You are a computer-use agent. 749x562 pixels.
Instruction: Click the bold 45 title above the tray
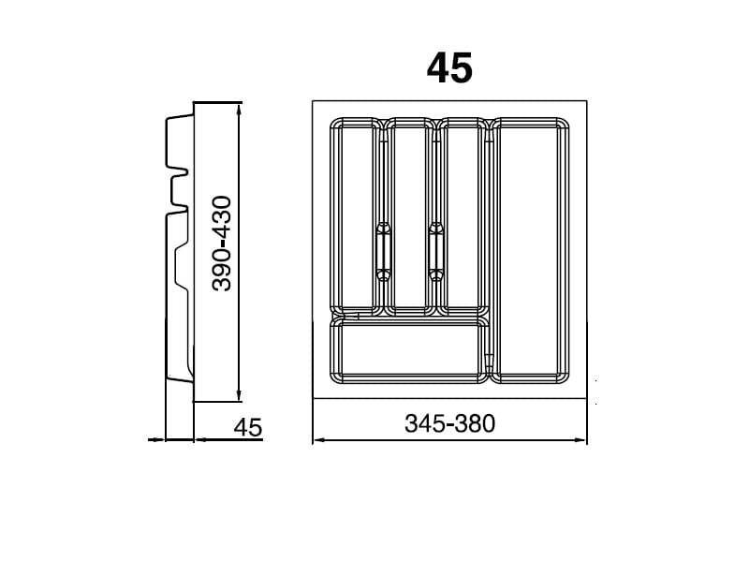(x=449, y=67)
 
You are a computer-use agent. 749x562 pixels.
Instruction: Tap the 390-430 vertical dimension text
(x=222, y=244)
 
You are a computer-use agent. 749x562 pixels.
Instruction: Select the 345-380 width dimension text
(x=449, y=423)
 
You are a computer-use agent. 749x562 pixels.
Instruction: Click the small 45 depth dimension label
(x=248, y=427)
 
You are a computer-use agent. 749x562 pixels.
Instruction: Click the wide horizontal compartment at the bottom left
(x=409, y=351)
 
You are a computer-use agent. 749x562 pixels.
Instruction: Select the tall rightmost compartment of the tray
(x=530, y=250)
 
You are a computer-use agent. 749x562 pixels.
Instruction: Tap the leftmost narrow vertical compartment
(x=354, y=216)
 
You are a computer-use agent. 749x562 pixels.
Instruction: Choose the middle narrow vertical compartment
(x=409, y=216)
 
